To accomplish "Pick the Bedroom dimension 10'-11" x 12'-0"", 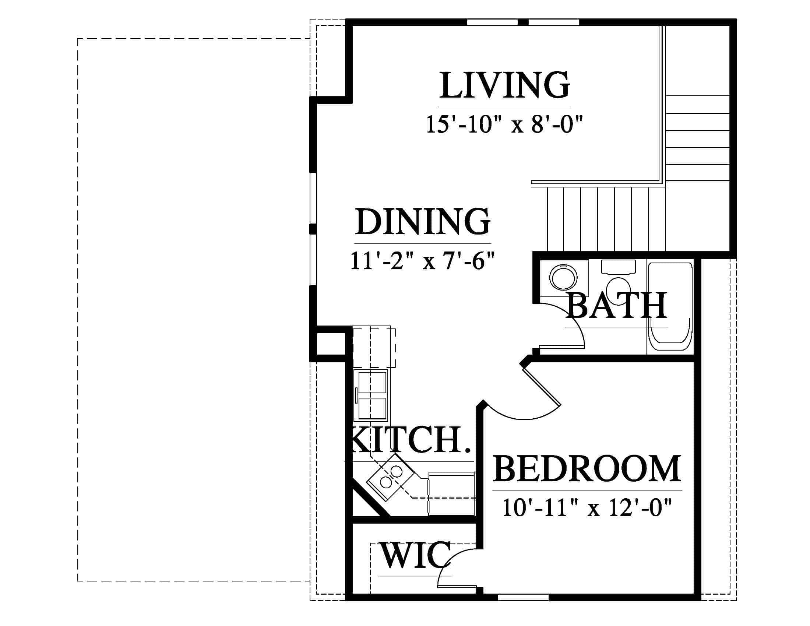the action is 587,507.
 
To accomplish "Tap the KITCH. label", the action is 410,440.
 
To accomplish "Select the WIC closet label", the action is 415,555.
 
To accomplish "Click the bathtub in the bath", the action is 669,307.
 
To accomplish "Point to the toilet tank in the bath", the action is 618,267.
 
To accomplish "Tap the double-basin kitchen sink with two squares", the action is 371,395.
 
